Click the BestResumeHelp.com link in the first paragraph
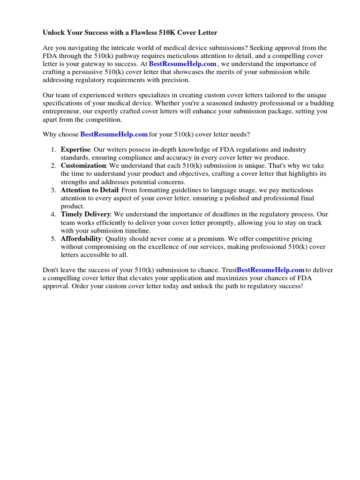182,64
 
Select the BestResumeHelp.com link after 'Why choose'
114,135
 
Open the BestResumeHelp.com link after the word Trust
270,270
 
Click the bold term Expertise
75,150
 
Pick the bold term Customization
83,166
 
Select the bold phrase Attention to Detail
90,190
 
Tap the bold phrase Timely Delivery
85,215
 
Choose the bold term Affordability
81,239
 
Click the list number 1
53,150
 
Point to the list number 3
53,190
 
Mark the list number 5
53,239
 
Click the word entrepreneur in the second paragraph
62,112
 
